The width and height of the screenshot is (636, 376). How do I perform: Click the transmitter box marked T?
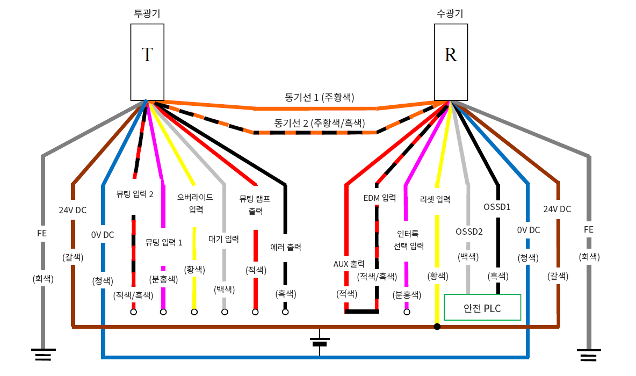tap(147, 62)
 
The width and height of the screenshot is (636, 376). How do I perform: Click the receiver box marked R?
tap(450, 62)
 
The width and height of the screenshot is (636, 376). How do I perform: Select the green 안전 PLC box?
tap(482, 308)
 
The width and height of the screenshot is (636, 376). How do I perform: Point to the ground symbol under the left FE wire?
tap(43, 355)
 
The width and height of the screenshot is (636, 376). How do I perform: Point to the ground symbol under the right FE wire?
tap(589, 355)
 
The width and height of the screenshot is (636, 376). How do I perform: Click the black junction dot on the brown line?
tap(437, 327)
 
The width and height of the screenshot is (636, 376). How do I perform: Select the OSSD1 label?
tap(497, 206)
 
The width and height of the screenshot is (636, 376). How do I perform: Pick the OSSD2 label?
tap(469, 232)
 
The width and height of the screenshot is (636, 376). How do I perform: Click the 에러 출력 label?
tap(285, 248)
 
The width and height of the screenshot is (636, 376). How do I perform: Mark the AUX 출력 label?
tap(349, 264)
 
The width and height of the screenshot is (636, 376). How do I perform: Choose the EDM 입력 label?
tap(379, 198)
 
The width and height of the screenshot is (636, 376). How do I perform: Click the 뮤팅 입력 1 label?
tap(164, 242)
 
